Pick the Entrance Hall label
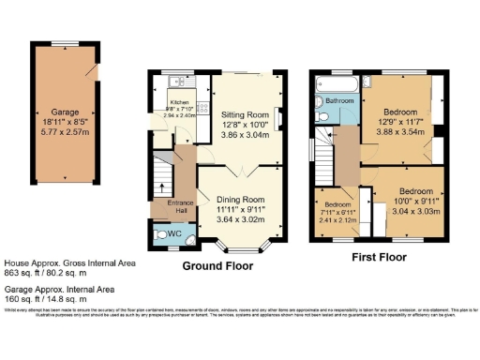click(x=180, y=206)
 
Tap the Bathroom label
click(x=339, y=99)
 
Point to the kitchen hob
click(x=202, y=109)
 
